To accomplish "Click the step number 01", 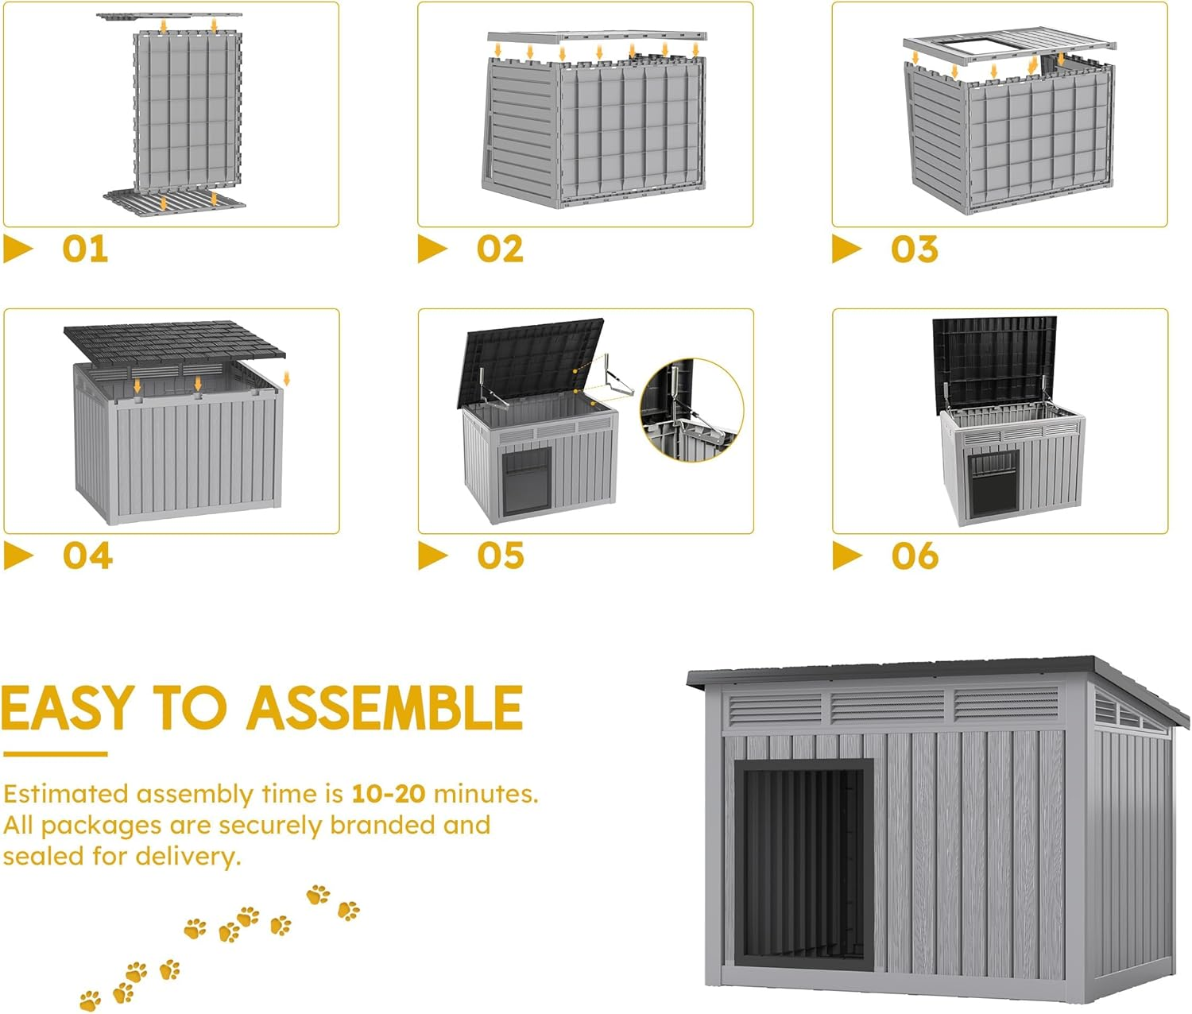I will tap(85, 249).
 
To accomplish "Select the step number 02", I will tap(500, 249).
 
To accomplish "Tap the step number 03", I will tap(914, 249).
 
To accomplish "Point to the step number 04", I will tap(87, 555).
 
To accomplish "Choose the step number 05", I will tap(501, 555).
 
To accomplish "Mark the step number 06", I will tap(915, 555).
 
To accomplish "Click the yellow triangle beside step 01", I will tap(17, 249).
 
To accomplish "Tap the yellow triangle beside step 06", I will tap(846, 555).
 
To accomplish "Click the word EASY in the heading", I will tap(68, 708).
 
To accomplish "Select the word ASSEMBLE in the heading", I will tap(385, 708).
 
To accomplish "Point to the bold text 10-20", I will tap(388, 793).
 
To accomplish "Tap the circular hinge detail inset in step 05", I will tap(691, 410).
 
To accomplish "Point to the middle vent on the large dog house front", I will tap(888, 706).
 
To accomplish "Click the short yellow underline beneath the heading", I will tap(55, 754).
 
